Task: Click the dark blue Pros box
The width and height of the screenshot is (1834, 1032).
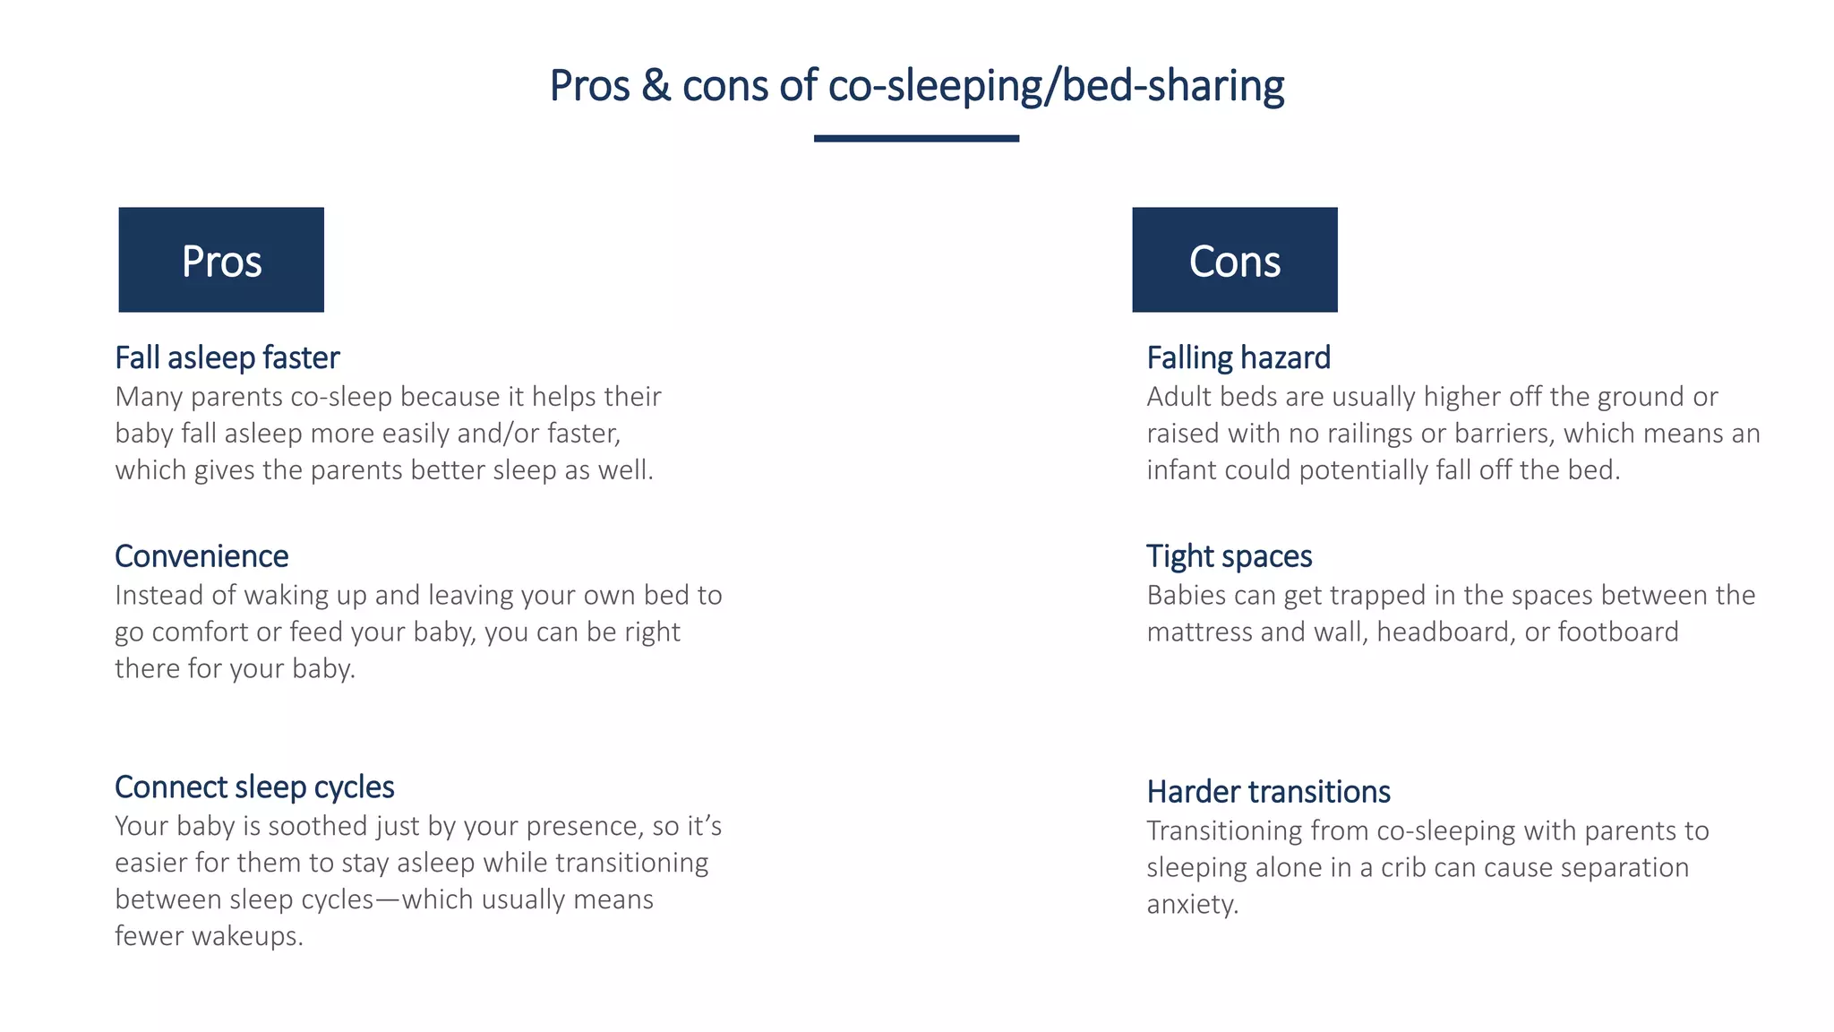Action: point(221,260)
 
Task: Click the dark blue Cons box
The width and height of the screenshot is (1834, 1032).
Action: point(1234,260)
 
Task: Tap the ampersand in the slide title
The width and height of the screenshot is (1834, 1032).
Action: point(656,86)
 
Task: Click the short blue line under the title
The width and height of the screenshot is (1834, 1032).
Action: point(916,138)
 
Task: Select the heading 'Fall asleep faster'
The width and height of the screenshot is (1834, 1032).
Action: point(227,357)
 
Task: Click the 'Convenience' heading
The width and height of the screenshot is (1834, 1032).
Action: point(201,556)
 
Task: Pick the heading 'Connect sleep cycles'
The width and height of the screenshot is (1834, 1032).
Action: point(254,787)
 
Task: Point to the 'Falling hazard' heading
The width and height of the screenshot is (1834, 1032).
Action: point(1238,357)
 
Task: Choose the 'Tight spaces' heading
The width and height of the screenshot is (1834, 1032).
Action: point(1229,556)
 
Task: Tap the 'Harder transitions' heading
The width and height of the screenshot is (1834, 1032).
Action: point(1268,792)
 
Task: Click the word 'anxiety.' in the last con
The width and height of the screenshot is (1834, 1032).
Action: point(1192,904)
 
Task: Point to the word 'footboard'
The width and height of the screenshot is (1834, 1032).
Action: point(1618,632)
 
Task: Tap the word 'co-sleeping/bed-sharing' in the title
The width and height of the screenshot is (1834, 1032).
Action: point(1056,86)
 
